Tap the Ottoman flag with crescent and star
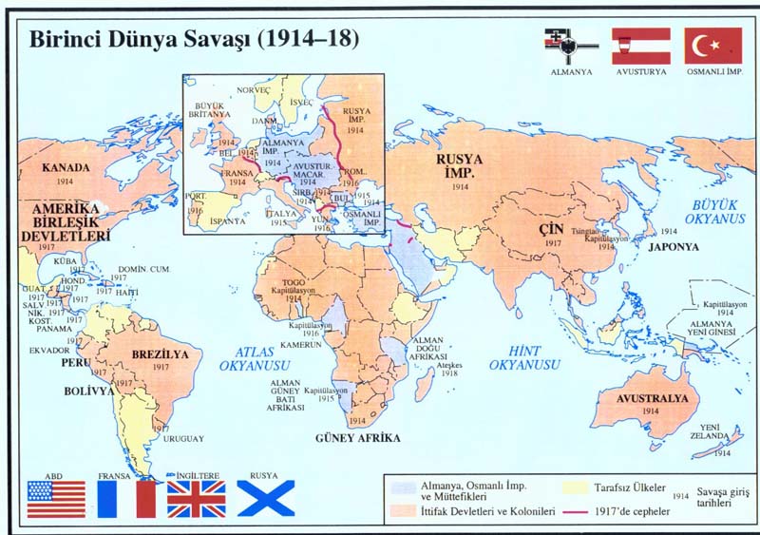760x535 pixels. pyautogui.click(x=712, y=45)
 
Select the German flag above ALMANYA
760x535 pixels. pyautogui.click(x=570, y=45)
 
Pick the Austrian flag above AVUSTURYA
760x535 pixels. pyautogui.click(x=641, y=45)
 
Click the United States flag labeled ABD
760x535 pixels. pyautogui.click(x=56, y=499)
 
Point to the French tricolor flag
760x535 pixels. pyautogui.click(x=125, y=499)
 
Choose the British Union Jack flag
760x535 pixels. pyautogui.click(x=197, y=499)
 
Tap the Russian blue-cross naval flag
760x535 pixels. pyautogui.click(x=265, y=499)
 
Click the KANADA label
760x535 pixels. pyautogui.click(x=66, y=167)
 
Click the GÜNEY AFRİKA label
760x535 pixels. pyautogui.click(x=357, y=438)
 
